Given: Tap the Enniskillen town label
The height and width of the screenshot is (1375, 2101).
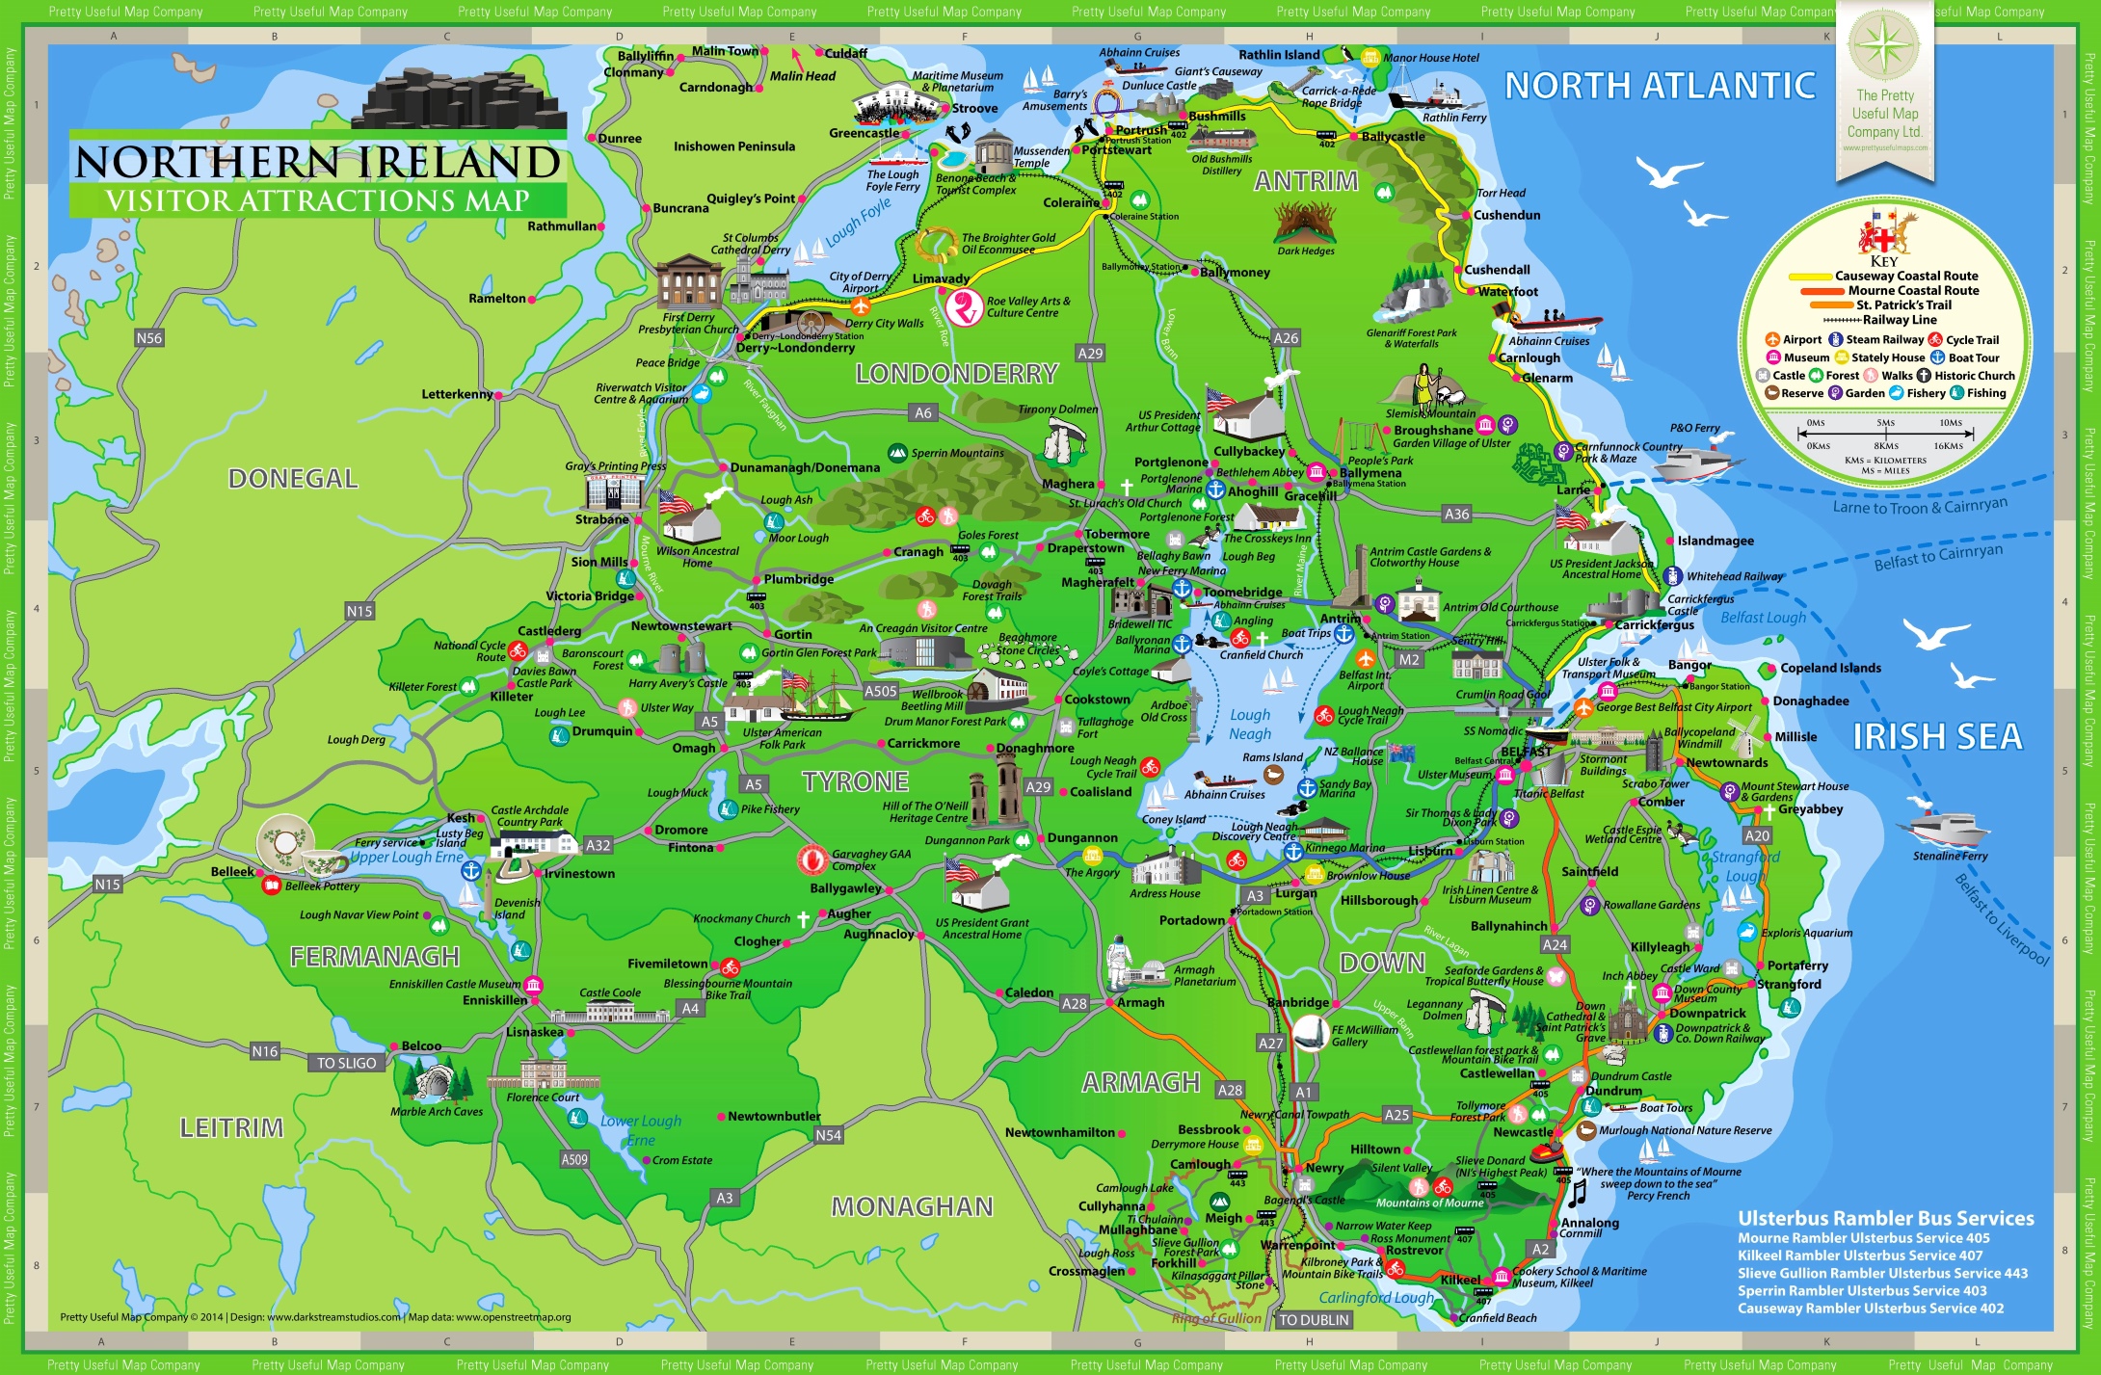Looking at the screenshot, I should [494, 1000].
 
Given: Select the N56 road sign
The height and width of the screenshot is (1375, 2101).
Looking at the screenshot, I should [149, 338].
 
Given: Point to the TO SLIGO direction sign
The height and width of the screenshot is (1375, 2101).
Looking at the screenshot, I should [347, 1063].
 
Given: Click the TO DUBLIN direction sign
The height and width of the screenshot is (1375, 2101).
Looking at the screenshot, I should [1314, 1320].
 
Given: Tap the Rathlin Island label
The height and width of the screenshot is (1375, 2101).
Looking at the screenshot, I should [1278, 55].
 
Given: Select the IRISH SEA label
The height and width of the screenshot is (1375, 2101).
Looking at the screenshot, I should [1937, 737].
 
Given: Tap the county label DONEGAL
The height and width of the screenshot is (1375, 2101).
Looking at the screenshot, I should [293, 479].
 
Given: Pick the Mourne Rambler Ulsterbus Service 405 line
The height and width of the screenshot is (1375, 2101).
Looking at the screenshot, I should [1863, 1238].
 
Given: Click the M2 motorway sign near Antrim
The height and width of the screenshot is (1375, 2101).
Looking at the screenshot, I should [1409, 660].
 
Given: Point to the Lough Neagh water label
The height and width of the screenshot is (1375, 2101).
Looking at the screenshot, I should [1250, 725].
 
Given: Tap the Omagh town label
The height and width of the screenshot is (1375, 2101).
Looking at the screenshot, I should [694, 748].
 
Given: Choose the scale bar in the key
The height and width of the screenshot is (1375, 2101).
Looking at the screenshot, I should [1884, 435].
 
